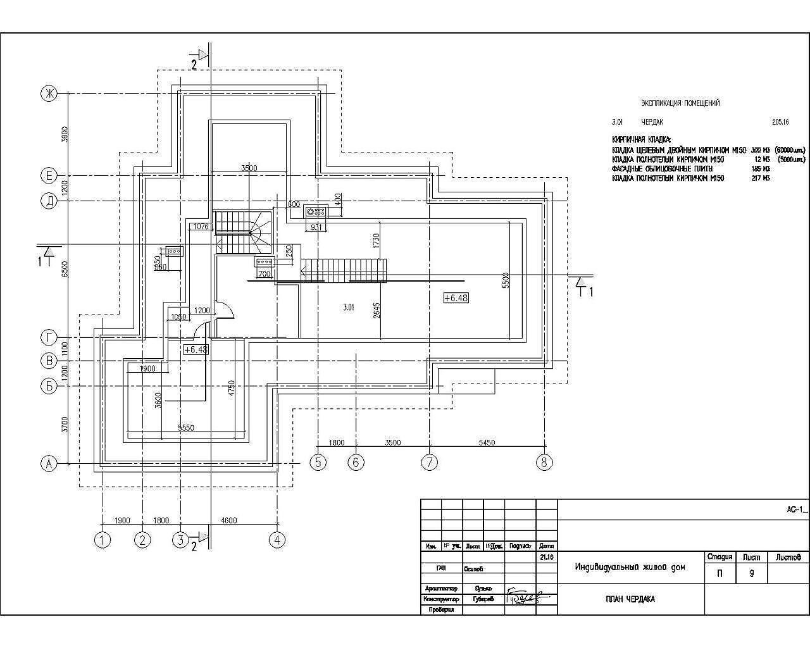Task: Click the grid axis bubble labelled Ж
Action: tap(49, 94)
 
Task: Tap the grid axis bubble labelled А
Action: tap(49, 464)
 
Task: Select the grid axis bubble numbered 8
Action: tap(544, 463)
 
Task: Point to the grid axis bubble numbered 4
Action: tap(277, 540)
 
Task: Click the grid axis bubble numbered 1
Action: tap(102, 540)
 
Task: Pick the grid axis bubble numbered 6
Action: tap(356, 463)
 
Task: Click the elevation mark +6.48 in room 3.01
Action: tap(456, 297)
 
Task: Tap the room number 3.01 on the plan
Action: tap(348, 308)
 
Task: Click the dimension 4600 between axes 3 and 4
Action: tap(228, 521)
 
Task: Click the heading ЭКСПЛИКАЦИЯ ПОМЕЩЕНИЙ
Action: tap(680, 103)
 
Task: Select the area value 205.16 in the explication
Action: tap(780, 122)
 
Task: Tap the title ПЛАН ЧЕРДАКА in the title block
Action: tap(630, 599)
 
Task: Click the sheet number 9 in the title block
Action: tap(751, 575)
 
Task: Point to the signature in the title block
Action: tap(525, 597)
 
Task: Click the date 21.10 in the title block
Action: tap(547, 558)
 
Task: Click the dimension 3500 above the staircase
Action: tap(249, 168)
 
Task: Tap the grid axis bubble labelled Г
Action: tap(49, 337)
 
